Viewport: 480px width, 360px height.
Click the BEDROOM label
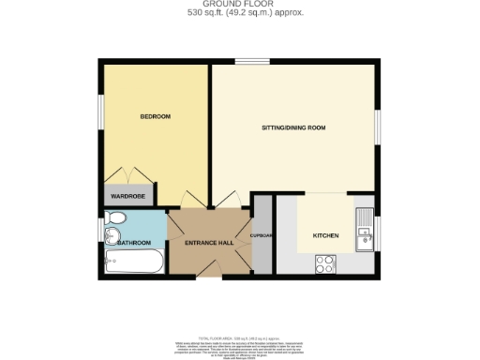155,116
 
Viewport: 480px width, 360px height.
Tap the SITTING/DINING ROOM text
292,127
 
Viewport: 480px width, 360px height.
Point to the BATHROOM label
134,243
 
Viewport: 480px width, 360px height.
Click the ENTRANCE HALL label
208,243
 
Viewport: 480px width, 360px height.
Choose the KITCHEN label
325,234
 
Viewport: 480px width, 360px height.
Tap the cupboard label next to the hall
261,235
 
